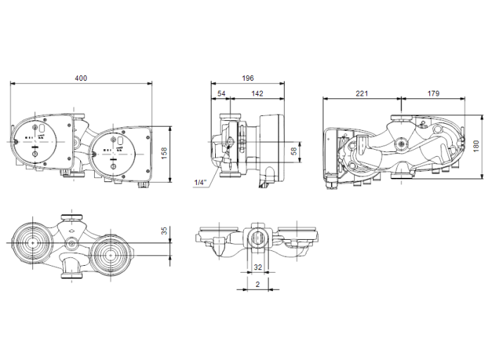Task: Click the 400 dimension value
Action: click(x=81, y=77)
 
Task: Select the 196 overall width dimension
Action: click(x=247, y=77)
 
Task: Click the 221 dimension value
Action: click(x=362, y=93)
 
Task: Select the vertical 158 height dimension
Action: click(x=164, y=154)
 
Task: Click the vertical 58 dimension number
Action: click(x=294, y=150)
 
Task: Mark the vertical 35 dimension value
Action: click(x=164, y=231)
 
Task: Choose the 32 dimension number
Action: click(x=257, y=268)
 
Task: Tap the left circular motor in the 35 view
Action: click(x=33, y=243)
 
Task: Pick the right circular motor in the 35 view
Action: click(x=109, y=249)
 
